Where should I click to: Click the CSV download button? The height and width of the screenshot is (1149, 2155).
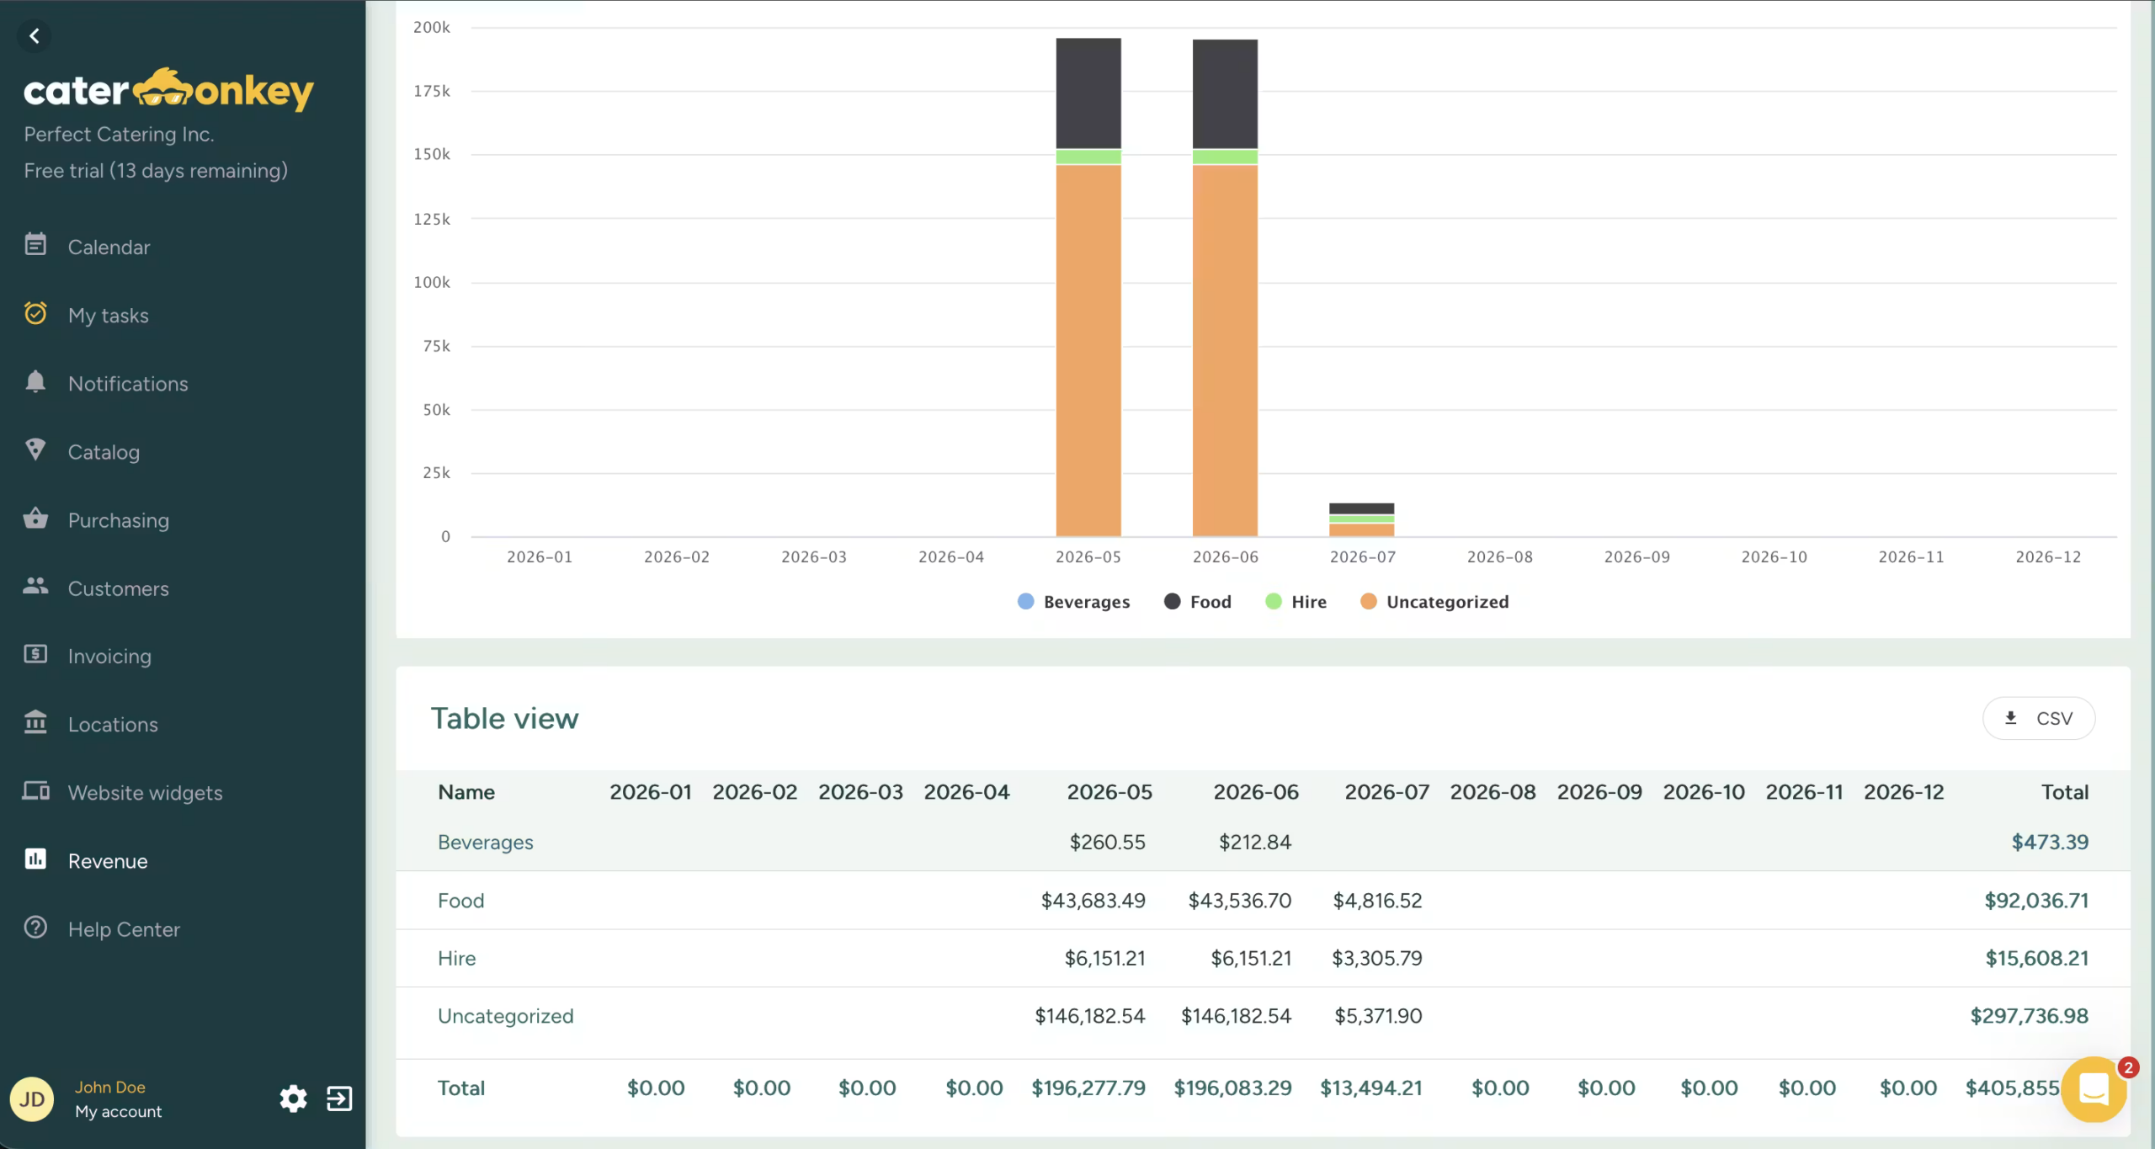2038,718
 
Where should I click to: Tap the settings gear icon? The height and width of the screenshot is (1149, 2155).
293,1098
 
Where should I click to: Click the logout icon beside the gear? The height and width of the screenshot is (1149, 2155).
339,1098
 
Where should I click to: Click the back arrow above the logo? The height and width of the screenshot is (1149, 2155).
35,36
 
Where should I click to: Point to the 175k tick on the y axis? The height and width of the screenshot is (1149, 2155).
432,91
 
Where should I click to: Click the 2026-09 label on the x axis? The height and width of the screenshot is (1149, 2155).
1636,556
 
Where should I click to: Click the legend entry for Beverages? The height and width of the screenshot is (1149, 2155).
1073,602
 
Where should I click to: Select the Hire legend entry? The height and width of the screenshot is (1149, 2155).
1296,602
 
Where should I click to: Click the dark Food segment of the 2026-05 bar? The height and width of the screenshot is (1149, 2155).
1088,93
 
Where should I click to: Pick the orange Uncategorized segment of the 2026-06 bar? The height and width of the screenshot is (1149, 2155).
1225,350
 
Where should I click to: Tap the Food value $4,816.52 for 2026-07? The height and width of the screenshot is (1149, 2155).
1377,900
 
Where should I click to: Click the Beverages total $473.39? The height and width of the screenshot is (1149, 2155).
2050,842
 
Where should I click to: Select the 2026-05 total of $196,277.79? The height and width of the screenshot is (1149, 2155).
1088,1088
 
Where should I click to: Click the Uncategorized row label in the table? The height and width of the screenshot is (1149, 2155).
505,1016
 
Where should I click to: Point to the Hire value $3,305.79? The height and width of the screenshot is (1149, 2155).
1377,958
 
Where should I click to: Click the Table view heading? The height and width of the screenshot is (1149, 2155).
504,718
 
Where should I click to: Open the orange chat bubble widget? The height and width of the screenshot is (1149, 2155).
2094,1089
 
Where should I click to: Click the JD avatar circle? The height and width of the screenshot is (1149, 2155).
32,1099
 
